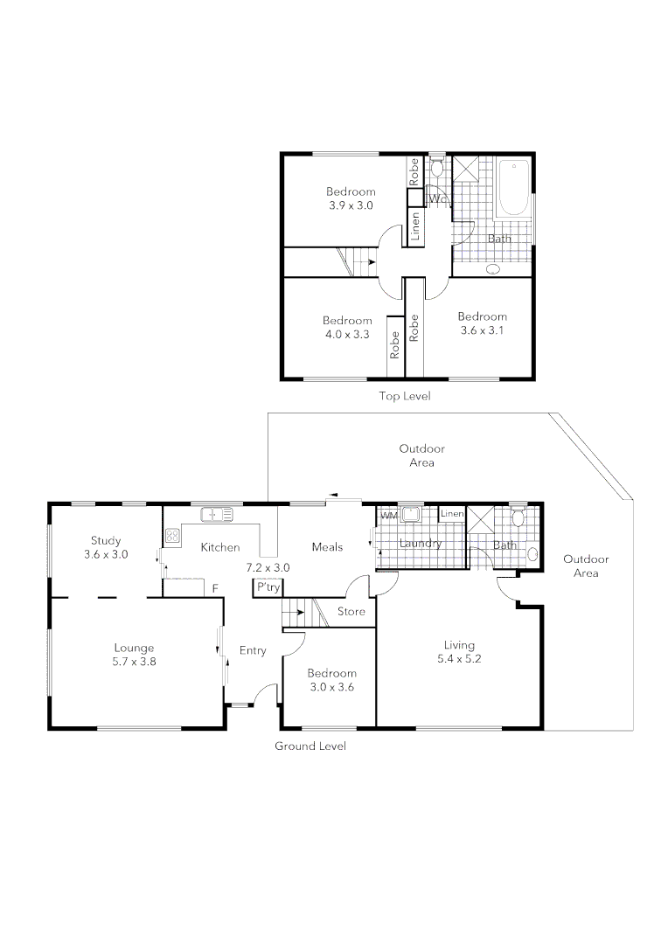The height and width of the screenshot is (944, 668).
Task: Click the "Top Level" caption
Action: pyautogui.click(x=404, y=396)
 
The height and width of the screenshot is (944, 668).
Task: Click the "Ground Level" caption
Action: pyautogui.click(x=310, y=746)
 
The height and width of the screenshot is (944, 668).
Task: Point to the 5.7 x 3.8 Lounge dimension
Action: pyautogui.click(x=134, y=662)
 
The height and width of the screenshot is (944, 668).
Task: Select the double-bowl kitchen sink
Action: pyautogui.click(x=217, y=514)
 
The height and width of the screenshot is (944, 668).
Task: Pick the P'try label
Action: pyautogui.click(x=268, y=588)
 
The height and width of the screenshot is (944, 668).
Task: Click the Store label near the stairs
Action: pyautogui.click(x=351, y=612)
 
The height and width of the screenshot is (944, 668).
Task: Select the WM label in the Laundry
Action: pyautogui.click(x=388, y=517)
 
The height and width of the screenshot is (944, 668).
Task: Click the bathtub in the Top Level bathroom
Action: pyautogui.click(x=513, y=188)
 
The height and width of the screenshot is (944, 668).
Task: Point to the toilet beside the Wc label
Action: pyautogui.click(x=438, y=169)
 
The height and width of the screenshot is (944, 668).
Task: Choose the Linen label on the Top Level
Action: pyautogui.click(x=416, y=226)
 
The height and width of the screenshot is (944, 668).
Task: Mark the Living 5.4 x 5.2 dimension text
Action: pyautogui.click(x=459, y=659)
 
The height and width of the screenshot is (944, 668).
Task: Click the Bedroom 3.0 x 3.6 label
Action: pyautogui.click(x=331, y=680)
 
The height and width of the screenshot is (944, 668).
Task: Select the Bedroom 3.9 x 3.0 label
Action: pyautogui.click(x=351, y=198)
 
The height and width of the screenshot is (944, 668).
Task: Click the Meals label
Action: pyautogui.click(x=327, y=547)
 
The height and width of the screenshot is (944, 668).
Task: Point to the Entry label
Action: pyautogui.click(x=253, y=650)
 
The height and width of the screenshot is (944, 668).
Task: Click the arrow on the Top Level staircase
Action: pyautogui.click(x=372, y=261)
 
